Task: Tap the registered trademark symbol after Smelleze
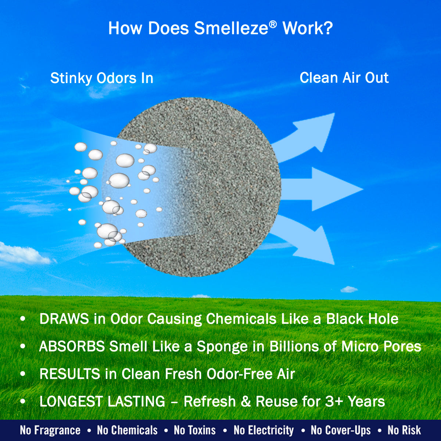pos(273,25)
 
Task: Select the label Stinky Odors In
pos(101,78)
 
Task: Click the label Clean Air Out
pos(344,78)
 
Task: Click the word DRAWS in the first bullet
pos(64,319)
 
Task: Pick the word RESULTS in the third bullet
pos(70,374)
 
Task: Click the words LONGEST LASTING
pos(102,401)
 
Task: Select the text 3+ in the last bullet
pos(334,401)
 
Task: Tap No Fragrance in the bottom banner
pos(50,430)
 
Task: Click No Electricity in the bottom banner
pos(263,430)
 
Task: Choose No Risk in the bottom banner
pos(404,430)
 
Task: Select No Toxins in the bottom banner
pos(194,430)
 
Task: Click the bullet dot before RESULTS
pos(23,374)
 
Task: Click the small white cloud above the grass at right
pos(349,290)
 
